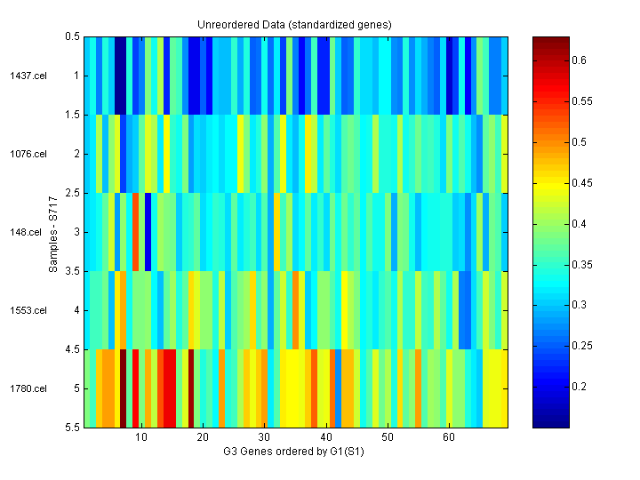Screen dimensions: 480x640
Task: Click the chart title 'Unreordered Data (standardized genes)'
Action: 294,24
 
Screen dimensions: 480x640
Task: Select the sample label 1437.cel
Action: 26,76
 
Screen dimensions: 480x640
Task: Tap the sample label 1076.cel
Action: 26,154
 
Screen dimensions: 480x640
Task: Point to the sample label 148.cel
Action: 28,232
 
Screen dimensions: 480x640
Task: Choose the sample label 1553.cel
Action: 26,310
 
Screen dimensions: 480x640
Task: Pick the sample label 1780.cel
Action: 26,388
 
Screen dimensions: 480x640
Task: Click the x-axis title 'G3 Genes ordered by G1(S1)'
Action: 294,452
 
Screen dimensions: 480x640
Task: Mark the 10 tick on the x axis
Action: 141,438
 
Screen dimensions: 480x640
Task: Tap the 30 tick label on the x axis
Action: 264,438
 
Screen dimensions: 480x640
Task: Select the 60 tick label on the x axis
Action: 449,438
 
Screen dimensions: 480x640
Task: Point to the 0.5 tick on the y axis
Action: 72,36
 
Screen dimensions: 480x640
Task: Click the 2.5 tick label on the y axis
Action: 72,193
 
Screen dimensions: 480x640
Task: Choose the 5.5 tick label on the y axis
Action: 72,428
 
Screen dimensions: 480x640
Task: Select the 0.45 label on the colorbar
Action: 580,183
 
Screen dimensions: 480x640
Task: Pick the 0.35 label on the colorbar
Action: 580,264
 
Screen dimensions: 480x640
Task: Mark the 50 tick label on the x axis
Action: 388,438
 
